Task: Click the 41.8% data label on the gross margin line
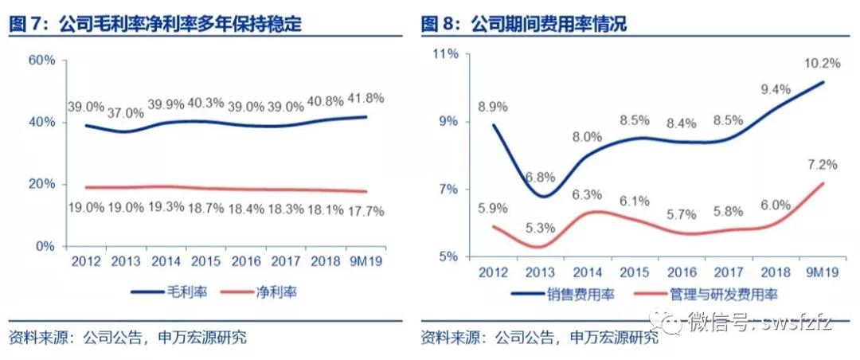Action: [x=365, y=99]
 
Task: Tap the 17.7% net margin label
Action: [x=365, y=211]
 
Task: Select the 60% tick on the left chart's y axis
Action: [x=41, y=61]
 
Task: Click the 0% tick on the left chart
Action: [x=45, y=247]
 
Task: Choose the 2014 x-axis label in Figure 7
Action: [x=167, y=261]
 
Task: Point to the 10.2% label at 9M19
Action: [x=822, y=63]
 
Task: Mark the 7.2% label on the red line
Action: [x=822, y=165]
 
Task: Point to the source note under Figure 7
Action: [x=127, y=337]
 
